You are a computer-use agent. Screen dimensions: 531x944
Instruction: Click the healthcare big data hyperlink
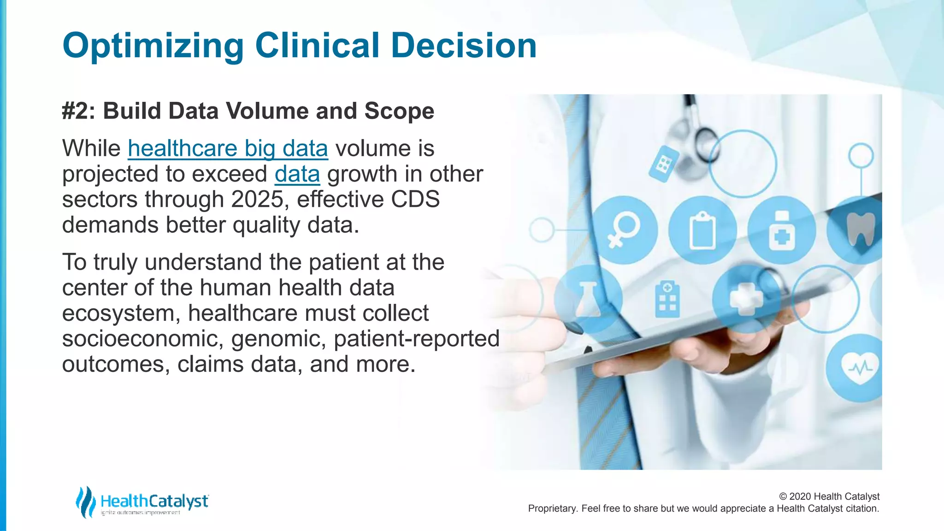point(228,149)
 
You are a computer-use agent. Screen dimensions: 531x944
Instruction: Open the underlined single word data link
point(297,174)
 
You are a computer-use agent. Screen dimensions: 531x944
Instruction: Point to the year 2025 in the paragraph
point(257,200)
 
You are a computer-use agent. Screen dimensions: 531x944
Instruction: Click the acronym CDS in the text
point(415,200)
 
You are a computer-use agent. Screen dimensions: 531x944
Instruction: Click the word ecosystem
point(121,313)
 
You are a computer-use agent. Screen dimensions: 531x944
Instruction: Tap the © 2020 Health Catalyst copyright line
point(829,496)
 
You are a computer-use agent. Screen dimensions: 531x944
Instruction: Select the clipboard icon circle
point(702,230)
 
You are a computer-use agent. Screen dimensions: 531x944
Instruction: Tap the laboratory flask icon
point(588,299)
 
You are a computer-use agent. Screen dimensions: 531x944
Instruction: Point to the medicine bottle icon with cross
point(781,230)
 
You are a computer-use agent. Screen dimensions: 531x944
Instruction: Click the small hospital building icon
point(667,299)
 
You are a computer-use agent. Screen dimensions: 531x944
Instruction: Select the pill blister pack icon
point(664,164)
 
